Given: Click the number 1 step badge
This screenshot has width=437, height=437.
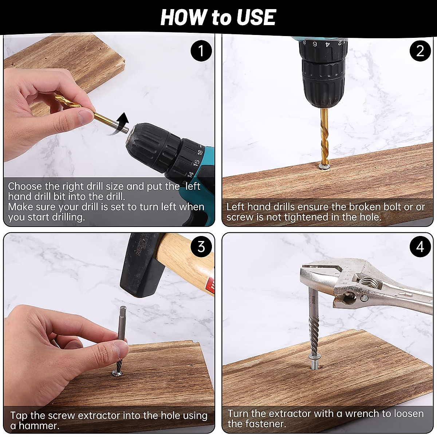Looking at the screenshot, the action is tap(201, 51).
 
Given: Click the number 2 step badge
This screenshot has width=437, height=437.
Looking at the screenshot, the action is tap(420, 51).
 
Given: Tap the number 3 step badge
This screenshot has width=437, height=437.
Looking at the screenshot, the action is tap(201, 247).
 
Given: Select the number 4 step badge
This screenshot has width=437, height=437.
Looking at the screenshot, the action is tap(420, 247).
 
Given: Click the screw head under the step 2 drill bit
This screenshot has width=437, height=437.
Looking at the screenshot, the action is tap(324, 167).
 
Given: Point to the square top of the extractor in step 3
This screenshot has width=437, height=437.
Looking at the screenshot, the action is tap(123, 309).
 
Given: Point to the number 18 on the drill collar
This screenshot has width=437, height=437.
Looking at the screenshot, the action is tap(200, 152).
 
